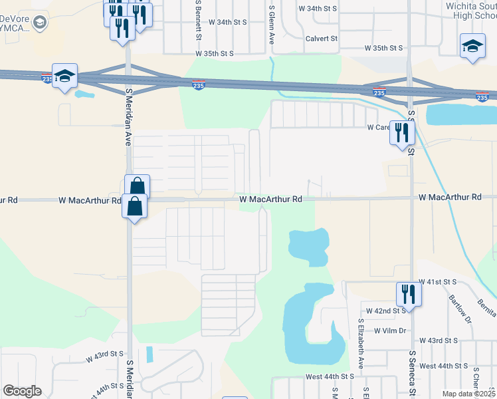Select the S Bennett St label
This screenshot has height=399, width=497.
coord(198,19)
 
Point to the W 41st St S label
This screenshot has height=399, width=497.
coord(436,282)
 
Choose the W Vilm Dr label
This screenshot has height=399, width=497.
coord(390,331)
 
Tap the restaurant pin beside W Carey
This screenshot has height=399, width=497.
coord(401,132)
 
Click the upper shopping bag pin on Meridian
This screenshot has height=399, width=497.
coord(137,186)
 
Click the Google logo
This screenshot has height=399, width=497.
coord(22,391)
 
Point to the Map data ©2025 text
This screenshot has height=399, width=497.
coord(469,394)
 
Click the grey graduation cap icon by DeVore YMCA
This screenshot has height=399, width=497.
coord(40,24)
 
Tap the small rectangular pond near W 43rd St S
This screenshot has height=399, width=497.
coord(148,354)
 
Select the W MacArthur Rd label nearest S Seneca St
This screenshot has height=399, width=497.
coord(449,198)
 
